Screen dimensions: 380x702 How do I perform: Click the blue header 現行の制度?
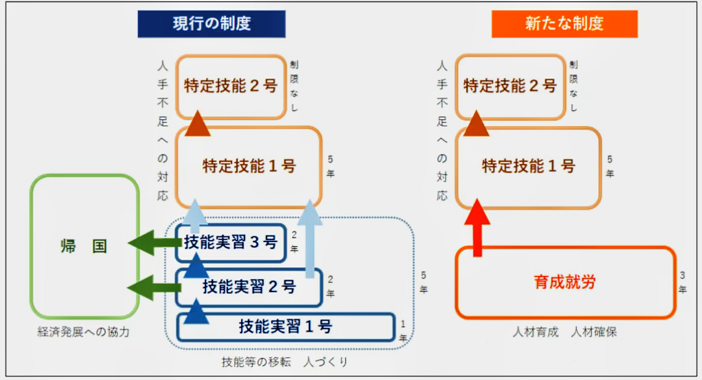point(212,24)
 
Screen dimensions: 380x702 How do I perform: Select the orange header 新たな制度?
point(564,24)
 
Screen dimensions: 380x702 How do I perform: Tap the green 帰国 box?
point(84,246)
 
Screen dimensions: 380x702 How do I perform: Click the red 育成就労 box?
point(565,282)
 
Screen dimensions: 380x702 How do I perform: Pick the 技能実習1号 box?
point(285,326)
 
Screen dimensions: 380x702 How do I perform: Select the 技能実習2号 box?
point(249,286)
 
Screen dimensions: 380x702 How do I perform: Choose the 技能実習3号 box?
point(231,243)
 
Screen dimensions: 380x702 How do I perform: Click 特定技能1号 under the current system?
point(249,166)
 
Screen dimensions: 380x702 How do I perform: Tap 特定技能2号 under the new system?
point(510,86)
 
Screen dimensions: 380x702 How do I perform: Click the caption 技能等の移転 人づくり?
point(285,362)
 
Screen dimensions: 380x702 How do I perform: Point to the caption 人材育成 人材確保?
point(564,332)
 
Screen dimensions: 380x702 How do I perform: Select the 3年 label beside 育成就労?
point(682,282)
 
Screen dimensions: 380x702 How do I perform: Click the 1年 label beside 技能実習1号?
point(403,331)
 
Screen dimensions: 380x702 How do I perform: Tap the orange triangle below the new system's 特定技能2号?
point(477,124)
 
